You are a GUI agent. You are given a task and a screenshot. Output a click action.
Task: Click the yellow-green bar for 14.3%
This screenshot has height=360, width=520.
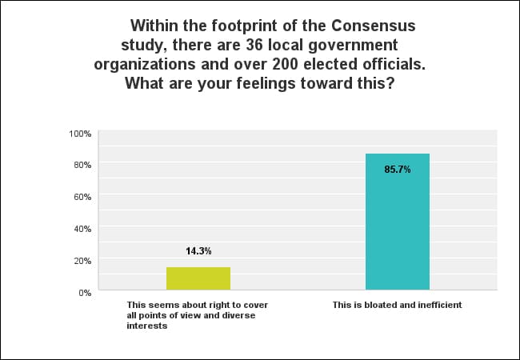198,278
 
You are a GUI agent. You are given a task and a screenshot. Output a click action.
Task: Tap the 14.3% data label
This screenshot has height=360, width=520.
198,251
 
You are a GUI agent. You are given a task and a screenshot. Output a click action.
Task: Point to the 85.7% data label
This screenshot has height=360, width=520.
398,170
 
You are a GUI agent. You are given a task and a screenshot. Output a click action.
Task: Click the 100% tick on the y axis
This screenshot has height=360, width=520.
82,133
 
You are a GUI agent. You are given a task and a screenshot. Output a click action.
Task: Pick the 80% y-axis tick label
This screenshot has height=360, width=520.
83,165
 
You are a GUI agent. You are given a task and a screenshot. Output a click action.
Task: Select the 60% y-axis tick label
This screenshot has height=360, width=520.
83,197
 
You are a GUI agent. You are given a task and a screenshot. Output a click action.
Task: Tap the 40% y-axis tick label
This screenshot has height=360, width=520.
83,229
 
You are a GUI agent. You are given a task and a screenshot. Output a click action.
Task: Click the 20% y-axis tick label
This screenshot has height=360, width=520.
83,261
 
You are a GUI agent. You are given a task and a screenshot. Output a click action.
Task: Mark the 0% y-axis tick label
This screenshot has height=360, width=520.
86,293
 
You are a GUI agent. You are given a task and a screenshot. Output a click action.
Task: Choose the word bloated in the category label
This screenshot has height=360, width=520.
370,305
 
